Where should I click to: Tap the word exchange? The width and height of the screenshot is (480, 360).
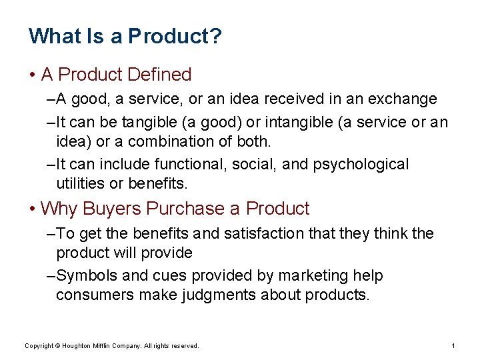pyautogui.click(x=403, y=99)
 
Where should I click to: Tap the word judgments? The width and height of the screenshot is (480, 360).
pyautogui.click(x=217, y=295)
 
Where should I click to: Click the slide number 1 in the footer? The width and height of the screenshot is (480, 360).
pyautogui.click(x=453, y=345)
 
